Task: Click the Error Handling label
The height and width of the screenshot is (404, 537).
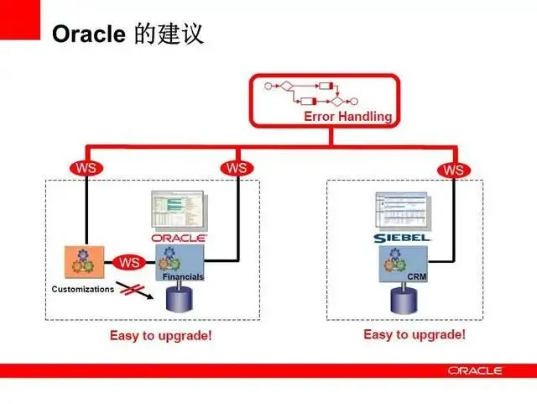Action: pyautogui.click(x=347, y=117)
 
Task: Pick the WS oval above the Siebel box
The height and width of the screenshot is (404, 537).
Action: pyautogui.click(x=454, y=170)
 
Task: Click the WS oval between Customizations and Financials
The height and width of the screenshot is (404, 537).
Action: pyautogui.click(x=129, y=262)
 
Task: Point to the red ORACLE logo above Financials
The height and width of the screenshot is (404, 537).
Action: pyautogui.click(x=180, y=238)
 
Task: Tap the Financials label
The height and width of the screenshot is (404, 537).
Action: pyautogui.click(x=183, y=276)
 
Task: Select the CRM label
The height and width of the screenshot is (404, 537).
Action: pyautogui.click(x=417, y=276)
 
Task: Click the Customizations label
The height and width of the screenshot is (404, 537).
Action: pyautogui.click(x=82, y=289)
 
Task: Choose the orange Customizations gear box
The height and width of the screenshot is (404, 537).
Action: pyautogui.click(x=84, y=264)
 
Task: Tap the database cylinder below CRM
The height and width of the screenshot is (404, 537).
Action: pyautogui.click(x=404, y=299)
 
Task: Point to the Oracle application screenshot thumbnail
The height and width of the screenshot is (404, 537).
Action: pyautogui.click(x=178, y=211)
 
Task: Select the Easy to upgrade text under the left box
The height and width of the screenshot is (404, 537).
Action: pyautogui.click(x=161, y=336)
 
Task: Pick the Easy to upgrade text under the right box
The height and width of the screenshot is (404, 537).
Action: pyautogui.click(x=414, y=334)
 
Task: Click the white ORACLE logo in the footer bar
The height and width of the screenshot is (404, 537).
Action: pyautogui.click(x=475, y=370)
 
